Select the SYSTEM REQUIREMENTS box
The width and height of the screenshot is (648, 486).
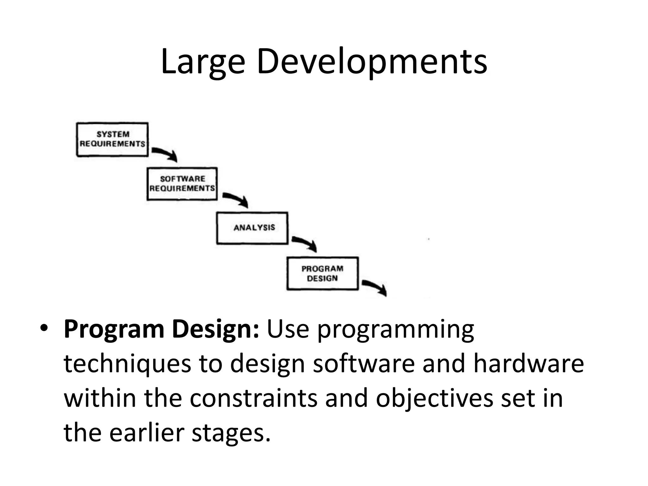pyautogui.click(x=112, y=139)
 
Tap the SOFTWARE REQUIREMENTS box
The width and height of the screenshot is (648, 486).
pyautogui.click(x=182, y=184)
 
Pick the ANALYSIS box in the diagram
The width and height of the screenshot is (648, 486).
pyautogui.click(x=252, y=228)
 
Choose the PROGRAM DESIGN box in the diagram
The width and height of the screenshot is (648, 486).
pyautogui.click(x=322, y=273)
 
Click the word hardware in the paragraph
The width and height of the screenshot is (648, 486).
pyautogui.click(x=528, y=364)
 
